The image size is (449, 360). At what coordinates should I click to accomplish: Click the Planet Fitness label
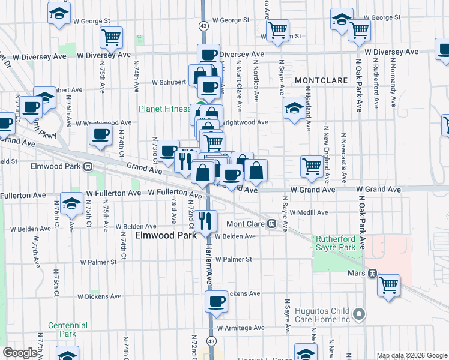[x=164, y=109]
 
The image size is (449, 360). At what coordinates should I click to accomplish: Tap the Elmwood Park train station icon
[x=88, y=166]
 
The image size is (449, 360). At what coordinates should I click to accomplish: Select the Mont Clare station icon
[x=272, y=224]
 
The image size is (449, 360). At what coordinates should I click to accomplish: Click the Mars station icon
[x=373, y=273]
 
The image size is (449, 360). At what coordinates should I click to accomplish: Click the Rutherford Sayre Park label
[x=336, y=243]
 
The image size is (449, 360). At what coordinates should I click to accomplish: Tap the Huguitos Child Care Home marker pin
[x=359, y=313]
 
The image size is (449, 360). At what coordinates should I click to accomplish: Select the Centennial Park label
[x=68, y=329]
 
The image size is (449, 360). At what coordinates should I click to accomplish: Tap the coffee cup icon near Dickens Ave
[x=216, y=302]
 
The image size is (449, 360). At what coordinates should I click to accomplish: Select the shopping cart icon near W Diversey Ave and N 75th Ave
[x=112, y=37]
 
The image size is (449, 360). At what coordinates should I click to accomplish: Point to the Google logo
[x=20, y=353]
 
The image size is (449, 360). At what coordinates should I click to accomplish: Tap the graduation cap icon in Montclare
[x=294, y=109]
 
